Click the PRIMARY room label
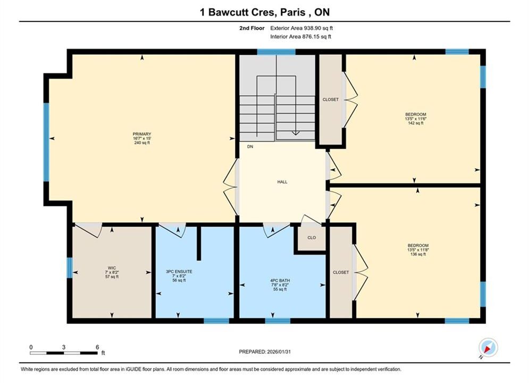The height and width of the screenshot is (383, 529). pyautogui.click(x=142, y=134)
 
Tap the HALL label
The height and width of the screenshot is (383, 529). pyautogui.click(x=282, y=182)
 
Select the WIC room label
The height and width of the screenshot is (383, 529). pyautogui.click(x=112, y=268)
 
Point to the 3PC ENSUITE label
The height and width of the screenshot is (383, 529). pyautogui.click(x=179, y=272)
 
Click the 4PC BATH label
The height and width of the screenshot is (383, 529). pyautogui.click(x=280, y=280)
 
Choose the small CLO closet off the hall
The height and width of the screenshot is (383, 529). pyautogui.click(x=312, y=238)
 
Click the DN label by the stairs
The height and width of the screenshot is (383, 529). pyautogui.click(x=250, y=147)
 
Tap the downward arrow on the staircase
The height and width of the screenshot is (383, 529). pyautogui.click(x=296, y=132)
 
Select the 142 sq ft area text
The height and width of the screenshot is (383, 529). pyautogui.click(x=416, y=123)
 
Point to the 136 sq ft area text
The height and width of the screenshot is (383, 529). pyautogui.click(x=418, y=254)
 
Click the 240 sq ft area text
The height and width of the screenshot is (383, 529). pyautogui.click(x=142, y=143)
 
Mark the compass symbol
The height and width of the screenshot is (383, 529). pyautogui.click(x=488, y=347)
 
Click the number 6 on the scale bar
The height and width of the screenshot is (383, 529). pyautogui.click(x=97, y=347)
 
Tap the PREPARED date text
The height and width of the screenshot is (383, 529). pyautogui.click(x=265, y=352)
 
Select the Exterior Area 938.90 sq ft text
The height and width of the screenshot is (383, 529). pyautogui.click(x=301, y=28)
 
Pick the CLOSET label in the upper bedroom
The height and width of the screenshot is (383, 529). pyautogui.click(x=331, y=99)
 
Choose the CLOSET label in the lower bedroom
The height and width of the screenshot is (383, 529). pyautogui.click(x=341, y=272)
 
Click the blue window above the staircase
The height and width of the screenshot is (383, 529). pyautogui.click(x=276, y=52)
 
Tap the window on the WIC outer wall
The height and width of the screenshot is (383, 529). pyautogui.click(x=70, y=268)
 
